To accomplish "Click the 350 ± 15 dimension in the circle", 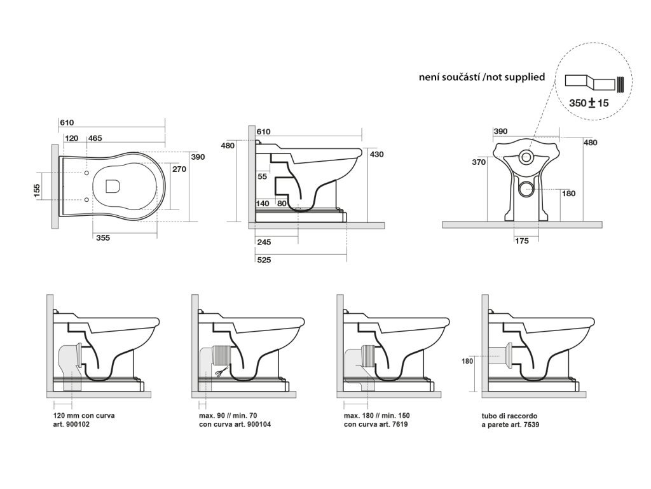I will tap(589, 103).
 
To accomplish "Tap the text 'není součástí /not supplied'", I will tap(482, 77).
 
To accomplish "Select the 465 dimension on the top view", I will tap(95, 138).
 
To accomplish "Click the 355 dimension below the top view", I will tap(102, 238).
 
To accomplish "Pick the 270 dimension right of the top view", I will tap(179, 169).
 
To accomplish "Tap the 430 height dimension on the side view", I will tap(376, 155).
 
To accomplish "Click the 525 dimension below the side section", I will tap(264, 259).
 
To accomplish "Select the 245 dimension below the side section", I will tap(264, 242).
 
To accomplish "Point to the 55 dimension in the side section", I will tap(262, 176).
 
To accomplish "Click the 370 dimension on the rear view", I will tap(479, 162).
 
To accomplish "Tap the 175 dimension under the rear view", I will tap(522, 241).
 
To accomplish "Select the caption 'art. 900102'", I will tap(71, 424).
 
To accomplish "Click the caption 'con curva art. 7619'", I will tap(376, 424).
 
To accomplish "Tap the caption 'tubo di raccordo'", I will tap(509, 416).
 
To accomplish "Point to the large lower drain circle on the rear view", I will tap(525, 188).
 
